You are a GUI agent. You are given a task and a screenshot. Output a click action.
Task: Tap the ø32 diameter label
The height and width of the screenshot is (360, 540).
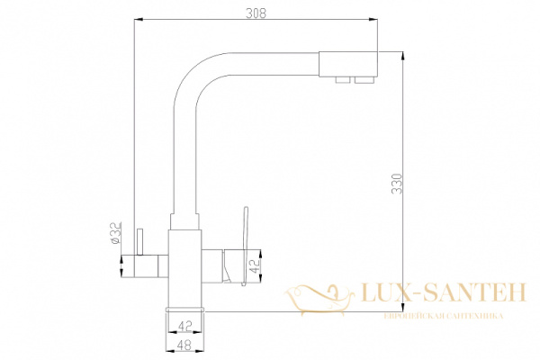tap(115, 234)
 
